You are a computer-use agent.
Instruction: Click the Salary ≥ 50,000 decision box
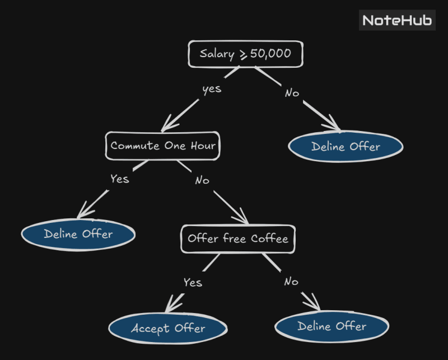(x=245, y=54)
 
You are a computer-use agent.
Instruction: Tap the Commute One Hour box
(x=163, y=146)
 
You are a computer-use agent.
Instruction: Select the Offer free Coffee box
(x=238, y=239)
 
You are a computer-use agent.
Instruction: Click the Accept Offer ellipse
(x=168, y=328)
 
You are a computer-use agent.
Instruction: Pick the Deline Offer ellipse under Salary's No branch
(x=346, y=147)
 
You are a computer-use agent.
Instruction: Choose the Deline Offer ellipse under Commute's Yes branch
(x=78, y=234)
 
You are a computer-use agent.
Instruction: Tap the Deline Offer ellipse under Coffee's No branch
(x=332, y=326)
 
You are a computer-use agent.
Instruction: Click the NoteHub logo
(x=396, y=21)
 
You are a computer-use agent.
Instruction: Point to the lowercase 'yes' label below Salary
(x=212, y=88)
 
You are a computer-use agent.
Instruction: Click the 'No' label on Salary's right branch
(x=292, y=93)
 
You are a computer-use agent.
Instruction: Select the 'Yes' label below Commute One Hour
(x=119, y=179)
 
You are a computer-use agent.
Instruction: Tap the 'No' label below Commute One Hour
(x=202, y=180)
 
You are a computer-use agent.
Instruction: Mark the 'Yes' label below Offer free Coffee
(x=192, y=283)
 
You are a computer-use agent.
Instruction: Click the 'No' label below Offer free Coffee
(x=291, y=282)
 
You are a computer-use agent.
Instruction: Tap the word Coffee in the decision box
(x=269, y=239)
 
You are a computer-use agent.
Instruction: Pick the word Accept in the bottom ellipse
(x=150, y=329)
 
